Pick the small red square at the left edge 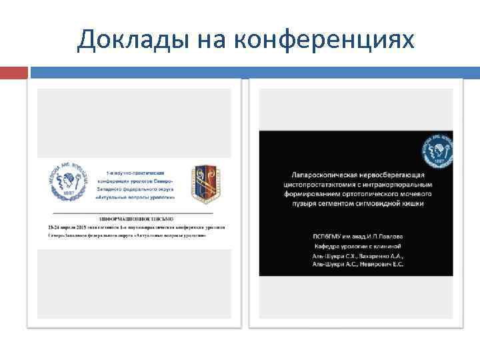pos(13,71)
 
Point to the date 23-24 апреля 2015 pos(74,227)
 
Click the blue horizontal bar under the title pos(253,71)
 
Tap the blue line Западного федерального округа pos(133,190)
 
